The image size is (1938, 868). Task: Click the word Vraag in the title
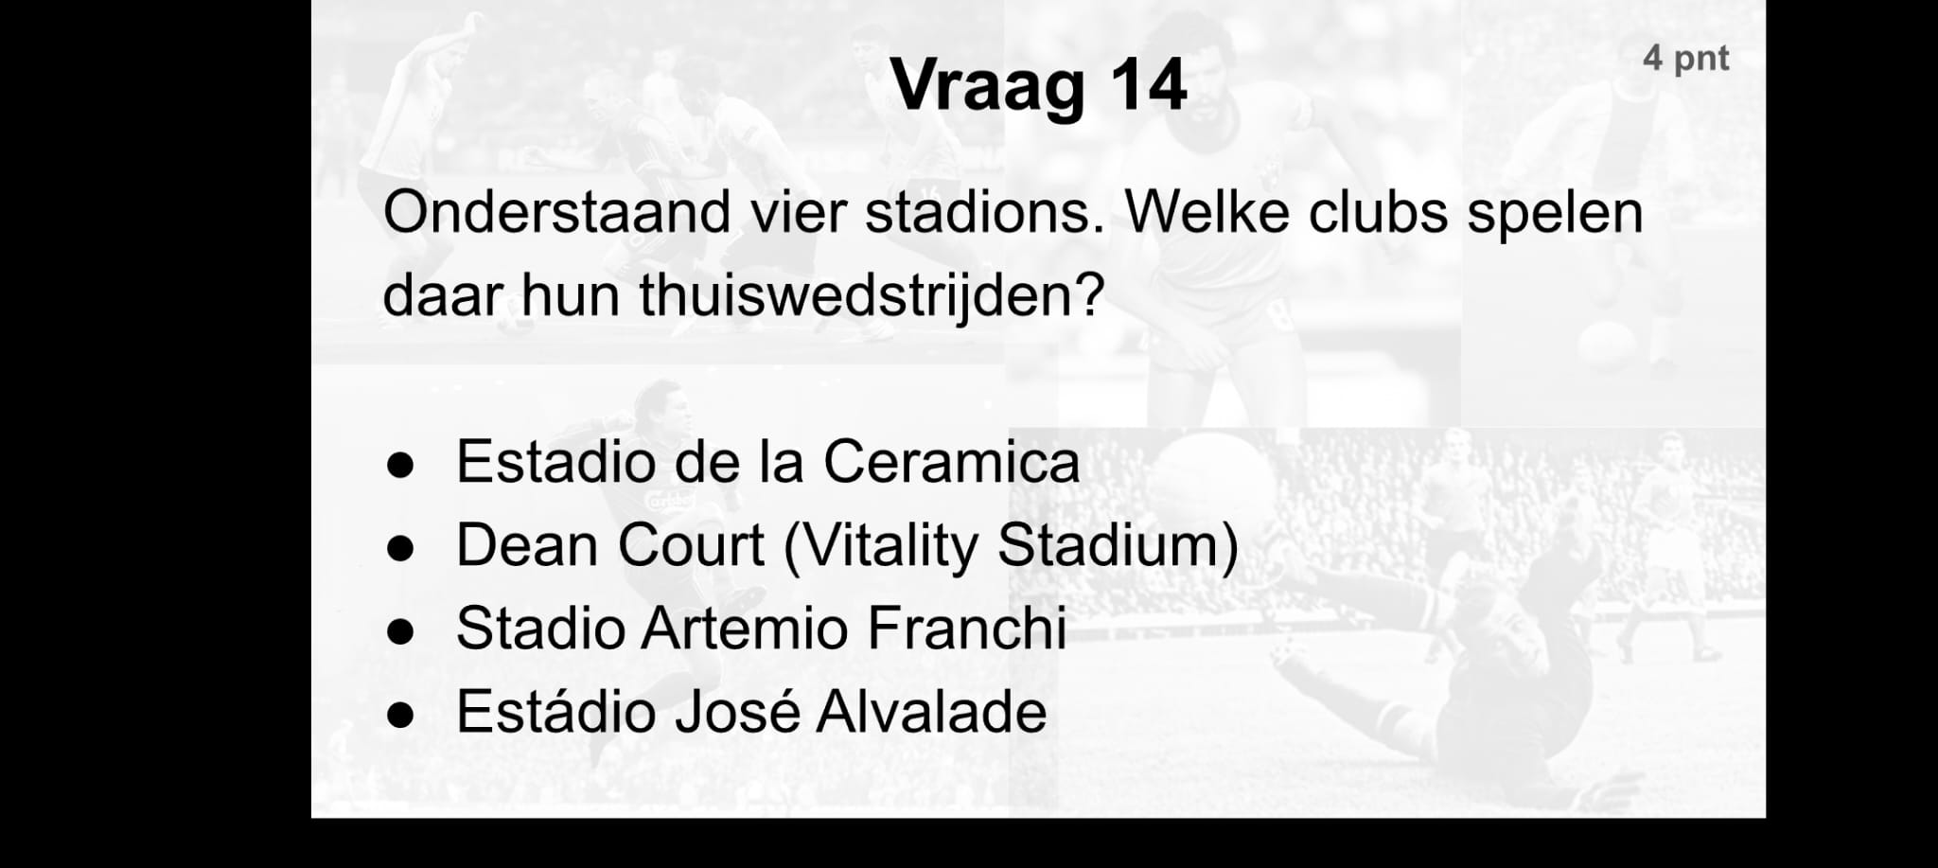click(x=987, y=86)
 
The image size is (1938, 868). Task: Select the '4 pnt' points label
click(x=1685, y=59)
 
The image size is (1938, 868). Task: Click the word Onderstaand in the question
click(x=556, y=212)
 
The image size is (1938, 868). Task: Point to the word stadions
click(x=985, y=212)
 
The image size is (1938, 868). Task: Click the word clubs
click(x=1378, y=212)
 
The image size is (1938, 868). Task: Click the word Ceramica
click(x=951, y=462)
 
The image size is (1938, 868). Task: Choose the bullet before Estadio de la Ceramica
click(x=401, y=466)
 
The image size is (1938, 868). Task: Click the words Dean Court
click(x=610, y=546)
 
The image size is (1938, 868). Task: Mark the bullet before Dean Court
click(x=401, y=549)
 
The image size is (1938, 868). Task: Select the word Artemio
click(x=744, y=629)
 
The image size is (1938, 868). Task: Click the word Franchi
click(x=967, y=629)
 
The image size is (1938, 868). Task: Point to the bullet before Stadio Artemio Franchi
click(x=401, y=632)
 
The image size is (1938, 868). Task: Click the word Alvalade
click(x=931, y=712)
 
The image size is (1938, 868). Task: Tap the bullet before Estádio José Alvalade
click(x=401, y=716)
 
